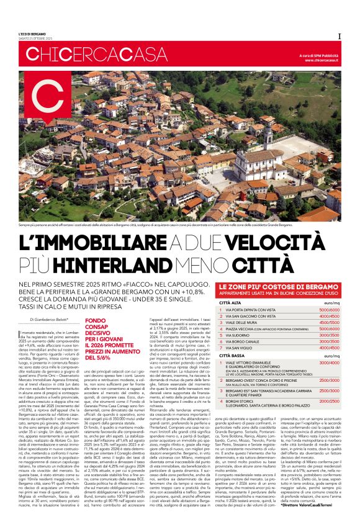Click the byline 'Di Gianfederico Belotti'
pyautogui.click(x=48, y=319)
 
